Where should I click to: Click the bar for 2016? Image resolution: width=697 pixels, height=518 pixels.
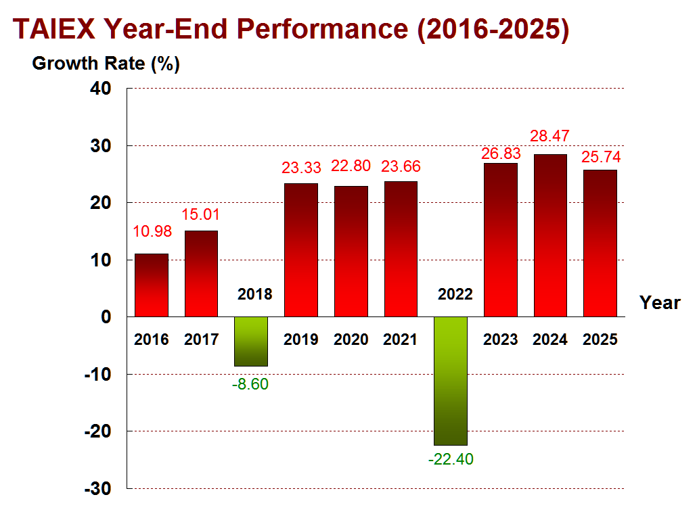tap(152, 285)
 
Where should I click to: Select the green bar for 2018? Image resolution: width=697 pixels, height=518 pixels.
tap(251, 342)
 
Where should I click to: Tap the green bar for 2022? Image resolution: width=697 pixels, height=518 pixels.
tap(451, 381)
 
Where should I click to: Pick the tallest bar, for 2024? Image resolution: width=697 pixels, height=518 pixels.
tap(550, 235)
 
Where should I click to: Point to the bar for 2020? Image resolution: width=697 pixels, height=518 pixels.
tap(351, 252)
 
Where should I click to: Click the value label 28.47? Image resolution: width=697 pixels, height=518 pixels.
tap(549, 136)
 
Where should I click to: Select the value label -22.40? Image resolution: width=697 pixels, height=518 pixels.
tap(451, 459)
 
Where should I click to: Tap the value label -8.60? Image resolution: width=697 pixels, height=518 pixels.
tap(250, 384)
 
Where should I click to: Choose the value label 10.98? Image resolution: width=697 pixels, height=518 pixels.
tap(152, 231)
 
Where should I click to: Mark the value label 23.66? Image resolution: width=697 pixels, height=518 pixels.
tap(401, 166)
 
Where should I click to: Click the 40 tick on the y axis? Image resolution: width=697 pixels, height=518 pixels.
tap(100, 89)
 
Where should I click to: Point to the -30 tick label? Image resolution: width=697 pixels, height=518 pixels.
tap(98, 489)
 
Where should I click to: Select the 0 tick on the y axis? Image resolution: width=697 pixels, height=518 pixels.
tap(106, 316)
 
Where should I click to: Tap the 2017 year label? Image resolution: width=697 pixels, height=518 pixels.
tap(202, 339)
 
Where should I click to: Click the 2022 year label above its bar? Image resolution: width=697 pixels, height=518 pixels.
tap(455, 294)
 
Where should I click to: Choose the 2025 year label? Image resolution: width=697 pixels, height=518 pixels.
tap(600, 339)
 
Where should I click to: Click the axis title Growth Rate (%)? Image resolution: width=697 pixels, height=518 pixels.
tap(106, 64)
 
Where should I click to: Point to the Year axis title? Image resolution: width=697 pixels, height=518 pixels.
tap(660, 302)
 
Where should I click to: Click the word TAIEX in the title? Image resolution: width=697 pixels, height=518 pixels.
tap(54, 29)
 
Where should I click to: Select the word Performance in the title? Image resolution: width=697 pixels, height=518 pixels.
tap(322, 29)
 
